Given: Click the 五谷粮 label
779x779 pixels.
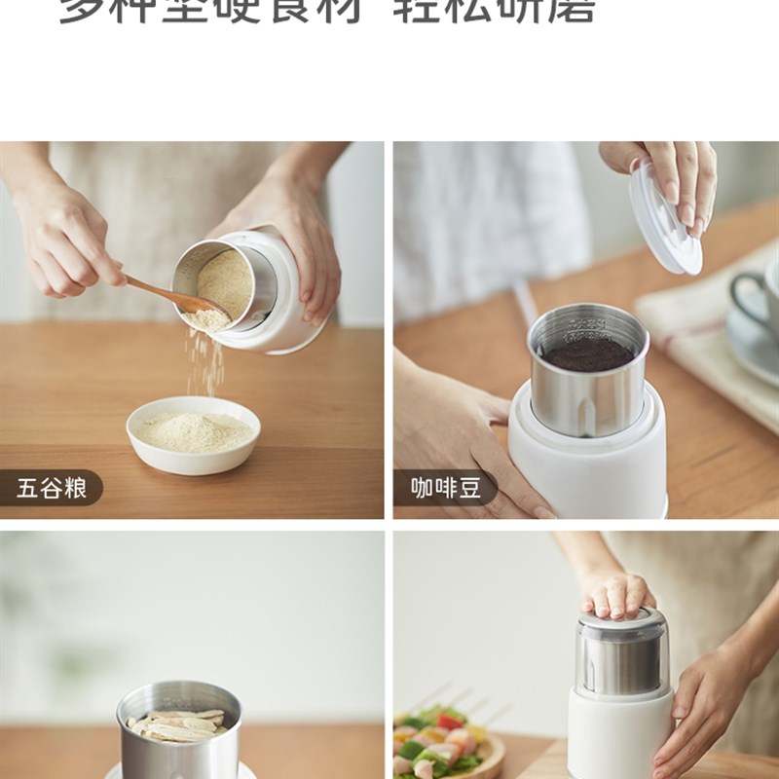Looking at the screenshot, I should (x=52, y=488).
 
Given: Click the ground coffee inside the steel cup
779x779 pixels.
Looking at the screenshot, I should (x=587, y=353).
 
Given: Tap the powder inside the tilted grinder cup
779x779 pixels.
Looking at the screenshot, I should (x=226, y=282).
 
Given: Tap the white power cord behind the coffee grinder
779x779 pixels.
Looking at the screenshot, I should (x=527, y=302).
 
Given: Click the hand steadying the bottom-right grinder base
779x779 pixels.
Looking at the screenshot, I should (x=706, y=701).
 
